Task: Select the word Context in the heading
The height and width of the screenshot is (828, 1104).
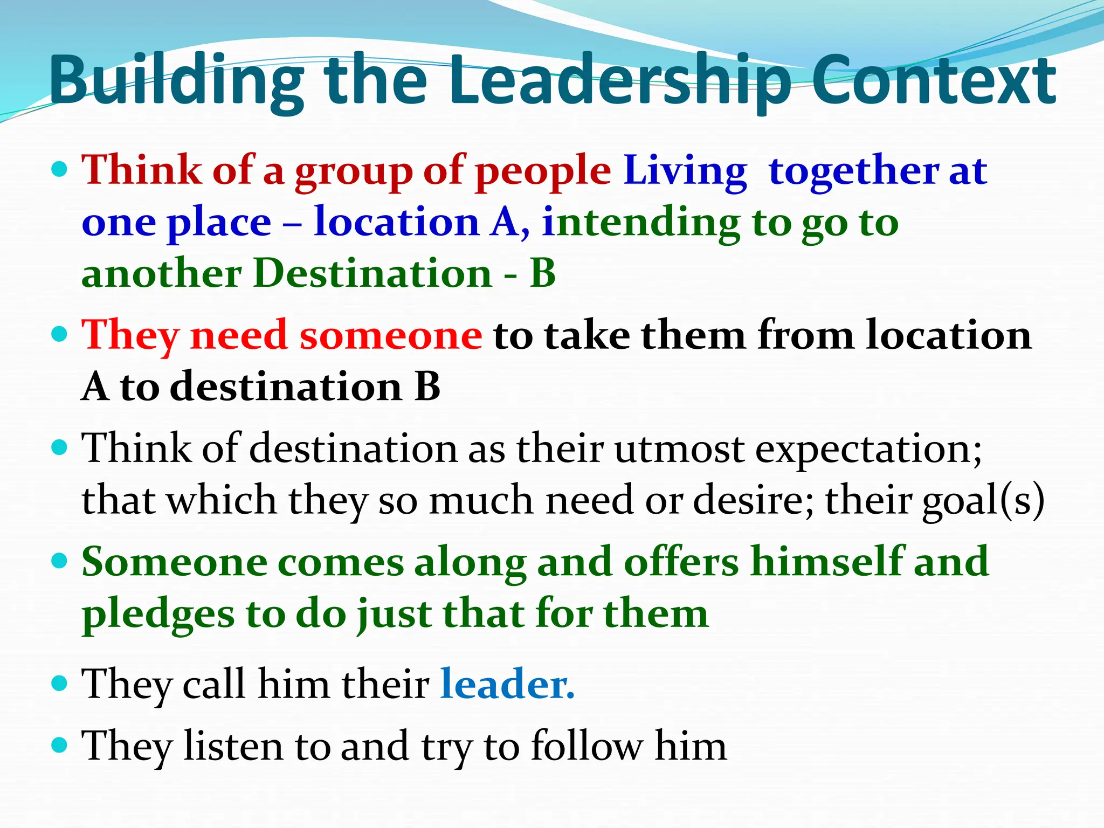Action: tap(933, 81)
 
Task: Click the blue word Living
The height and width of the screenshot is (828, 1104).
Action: tap(685, 171)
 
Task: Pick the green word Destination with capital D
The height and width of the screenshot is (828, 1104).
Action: tap(372, 273)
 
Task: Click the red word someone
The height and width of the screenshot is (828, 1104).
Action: tap(390, 335)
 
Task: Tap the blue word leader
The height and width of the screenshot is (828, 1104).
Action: tap(507, 684)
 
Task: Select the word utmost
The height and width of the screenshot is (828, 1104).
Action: tap(679, 448)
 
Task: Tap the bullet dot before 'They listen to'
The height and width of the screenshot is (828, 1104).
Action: tap(59, 746)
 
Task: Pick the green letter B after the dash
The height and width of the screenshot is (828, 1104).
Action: tap(542, 273)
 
